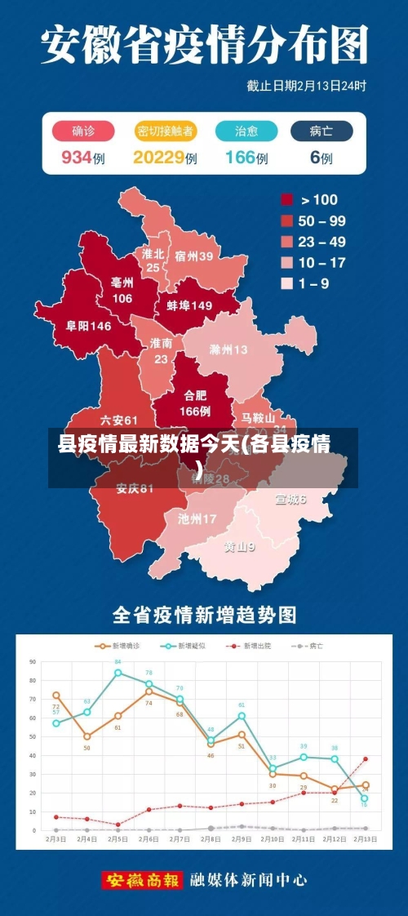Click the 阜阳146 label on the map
(88, 326)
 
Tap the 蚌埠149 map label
(189, 305)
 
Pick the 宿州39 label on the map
(193, 256)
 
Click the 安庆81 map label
(135, 489)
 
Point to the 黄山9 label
(240, 547)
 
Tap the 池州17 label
(197, 518)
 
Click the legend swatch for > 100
(287, 199)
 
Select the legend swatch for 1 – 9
(287, 284)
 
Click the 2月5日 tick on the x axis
(118, 838)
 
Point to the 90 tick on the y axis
(33, 661)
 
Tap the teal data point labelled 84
(118, 673)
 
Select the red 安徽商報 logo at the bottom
(142, 881)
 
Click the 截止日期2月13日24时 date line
(306, 85)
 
